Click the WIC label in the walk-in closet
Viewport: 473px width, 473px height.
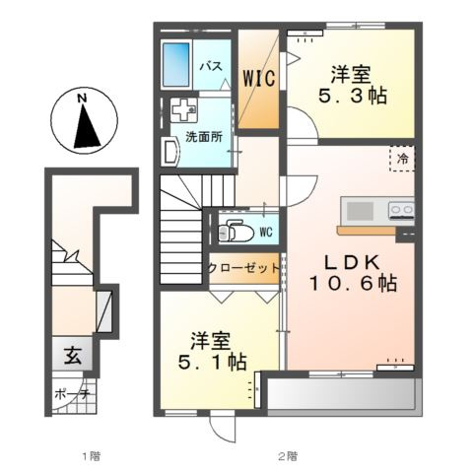coord(259,79)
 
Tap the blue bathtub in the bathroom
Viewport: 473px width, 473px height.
coord(176,64)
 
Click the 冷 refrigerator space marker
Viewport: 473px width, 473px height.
coord(403,159)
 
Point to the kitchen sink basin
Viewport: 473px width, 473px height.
coord(360,210)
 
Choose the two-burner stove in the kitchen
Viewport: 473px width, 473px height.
coord(401,210)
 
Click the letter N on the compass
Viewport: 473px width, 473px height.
coord(82,98)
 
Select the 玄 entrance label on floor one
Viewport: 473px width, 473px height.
coord(73,356)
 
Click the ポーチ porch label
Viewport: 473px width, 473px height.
coord(72,394)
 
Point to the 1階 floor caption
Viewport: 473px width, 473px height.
coord(91,456)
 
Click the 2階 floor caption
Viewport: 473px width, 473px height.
coord(288,456)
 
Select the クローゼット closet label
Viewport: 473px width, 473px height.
coord(243,268)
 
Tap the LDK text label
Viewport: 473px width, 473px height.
coord(353,262)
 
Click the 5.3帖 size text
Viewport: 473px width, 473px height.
coord(353,96)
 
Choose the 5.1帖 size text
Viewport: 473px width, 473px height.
coord(212,362)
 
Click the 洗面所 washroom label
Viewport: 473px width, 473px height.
coord(204,137)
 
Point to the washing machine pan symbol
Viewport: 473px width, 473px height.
coord(184,110)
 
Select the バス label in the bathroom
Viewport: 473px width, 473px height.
coord(212,66)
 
